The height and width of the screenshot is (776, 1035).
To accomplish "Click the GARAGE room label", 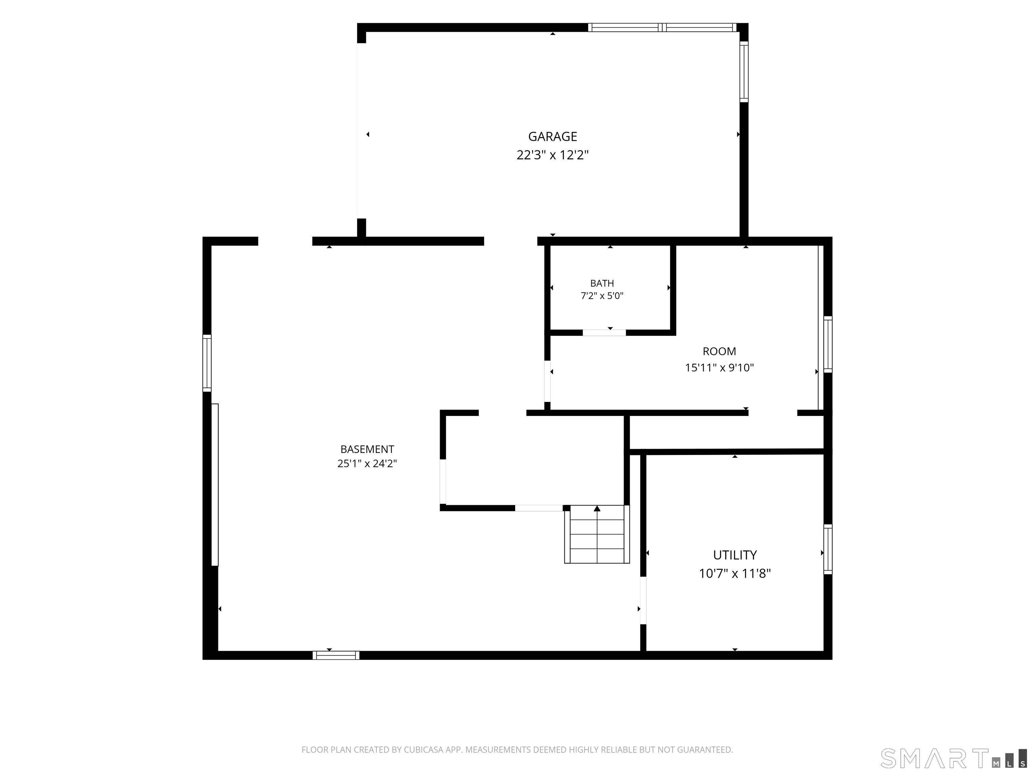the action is click(553, 137).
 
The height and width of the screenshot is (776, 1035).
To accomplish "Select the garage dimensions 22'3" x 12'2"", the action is click(553, 155).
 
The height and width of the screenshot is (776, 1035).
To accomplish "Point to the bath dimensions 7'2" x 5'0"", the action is click(602, 296).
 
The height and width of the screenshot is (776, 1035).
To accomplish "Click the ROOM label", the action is click(720, 351).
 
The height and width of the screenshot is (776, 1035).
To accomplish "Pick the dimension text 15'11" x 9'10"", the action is click(720, 368).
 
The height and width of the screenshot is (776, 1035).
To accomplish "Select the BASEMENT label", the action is click(367, 450).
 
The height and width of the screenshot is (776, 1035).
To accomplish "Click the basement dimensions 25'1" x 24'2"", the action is click(367, 463).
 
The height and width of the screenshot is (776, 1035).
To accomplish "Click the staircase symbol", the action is click(597, 534).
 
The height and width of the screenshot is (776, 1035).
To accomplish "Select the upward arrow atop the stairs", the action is click(597, 509).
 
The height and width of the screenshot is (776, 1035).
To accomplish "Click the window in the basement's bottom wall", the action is click(336, 655).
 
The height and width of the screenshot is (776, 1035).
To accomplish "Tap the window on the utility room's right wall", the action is click(828, 549).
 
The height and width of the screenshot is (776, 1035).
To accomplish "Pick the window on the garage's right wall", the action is click(744, 71).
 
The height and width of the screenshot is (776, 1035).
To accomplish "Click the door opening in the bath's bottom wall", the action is click(604, 332).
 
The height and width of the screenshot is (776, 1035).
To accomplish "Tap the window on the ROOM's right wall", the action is click(828, 344).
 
